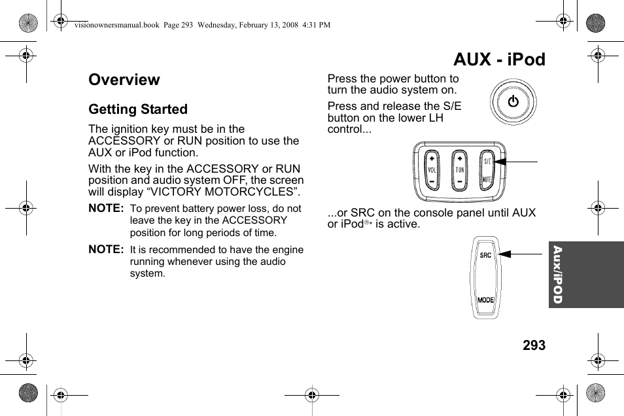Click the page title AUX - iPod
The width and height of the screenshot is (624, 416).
499,60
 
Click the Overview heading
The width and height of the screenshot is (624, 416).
124,80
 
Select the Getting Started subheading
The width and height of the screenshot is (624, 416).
138,109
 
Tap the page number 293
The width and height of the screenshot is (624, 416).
534,345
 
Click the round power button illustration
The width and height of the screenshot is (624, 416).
513,102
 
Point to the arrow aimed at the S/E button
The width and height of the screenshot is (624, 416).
517,160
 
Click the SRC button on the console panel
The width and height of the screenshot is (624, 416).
485,255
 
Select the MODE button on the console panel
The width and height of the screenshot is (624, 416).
485,300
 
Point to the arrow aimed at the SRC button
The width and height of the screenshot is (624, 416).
520,254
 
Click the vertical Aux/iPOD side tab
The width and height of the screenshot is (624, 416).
557,275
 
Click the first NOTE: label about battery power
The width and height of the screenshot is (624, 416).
106,208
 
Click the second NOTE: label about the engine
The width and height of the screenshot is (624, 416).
106,249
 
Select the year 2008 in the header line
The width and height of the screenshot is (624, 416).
288,25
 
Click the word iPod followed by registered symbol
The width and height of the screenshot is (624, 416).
345,224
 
